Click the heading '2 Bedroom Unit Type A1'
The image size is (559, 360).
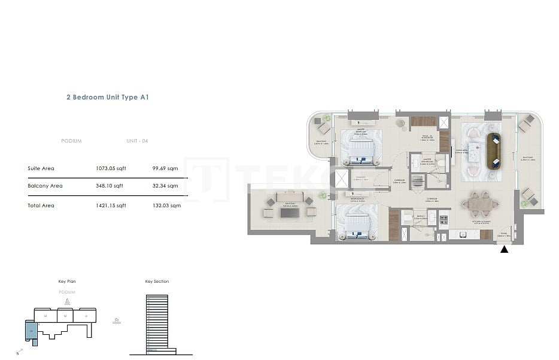107,96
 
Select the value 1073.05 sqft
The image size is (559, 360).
111,168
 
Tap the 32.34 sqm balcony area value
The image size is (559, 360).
165,186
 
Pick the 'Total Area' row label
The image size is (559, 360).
41,205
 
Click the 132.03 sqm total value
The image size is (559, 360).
166,205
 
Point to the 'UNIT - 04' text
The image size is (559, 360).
137,141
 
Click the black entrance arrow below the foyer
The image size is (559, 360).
504,249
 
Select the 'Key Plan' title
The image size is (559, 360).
67,281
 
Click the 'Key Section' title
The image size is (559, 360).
157,281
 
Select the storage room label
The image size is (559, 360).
360,178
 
